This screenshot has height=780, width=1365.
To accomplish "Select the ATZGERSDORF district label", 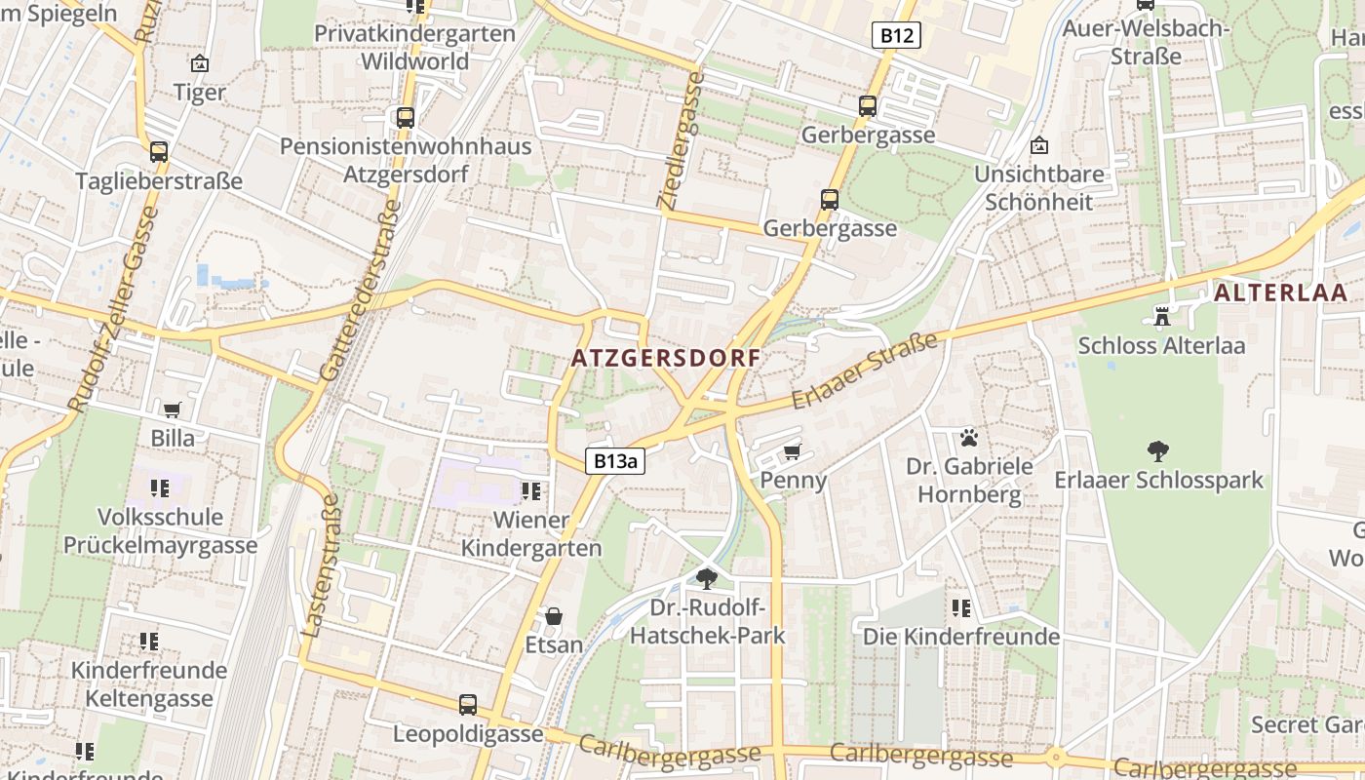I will pyautogui.click(x=666, y=358).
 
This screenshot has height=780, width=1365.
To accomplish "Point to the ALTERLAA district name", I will pyautogui.click(x=1280, y=292).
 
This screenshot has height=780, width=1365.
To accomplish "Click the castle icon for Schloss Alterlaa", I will pyautogui.click(x=1161, y=316).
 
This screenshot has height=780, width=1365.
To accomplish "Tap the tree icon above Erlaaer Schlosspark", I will pyautogui.click(x=1158, y=450).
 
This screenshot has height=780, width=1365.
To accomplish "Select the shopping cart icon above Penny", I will pyautogui.click(x=793, y=451).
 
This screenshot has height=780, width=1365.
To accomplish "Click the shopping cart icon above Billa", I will pyautogui.click(x=173, y=409).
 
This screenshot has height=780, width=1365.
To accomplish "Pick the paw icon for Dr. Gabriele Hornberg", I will pyautogui.click(x=968, y=438).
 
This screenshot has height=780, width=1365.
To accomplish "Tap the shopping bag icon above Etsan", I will pyautogui.click(x=554, y=616).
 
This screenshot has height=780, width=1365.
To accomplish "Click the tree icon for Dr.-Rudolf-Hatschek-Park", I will pyautogui.click(x=707, y=579).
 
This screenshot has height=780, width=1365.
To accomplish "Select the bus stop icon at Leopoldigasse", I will pyautogui.click(x=468, y=704).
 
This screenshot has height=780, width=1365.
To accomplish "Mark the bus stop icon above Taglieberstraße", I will pyautogui.click(x=159, y=151).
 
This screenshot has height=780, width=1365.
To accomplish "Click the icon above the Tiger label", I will pyautogui.click(x=200, y=64).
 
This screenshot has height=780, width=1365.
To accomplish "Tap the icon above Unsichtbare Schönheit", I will pyautogui.click(x=1038, y=146).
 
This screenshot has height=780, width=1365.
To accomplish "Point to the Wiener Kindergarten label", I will pyautogui.click(x=531, y=533).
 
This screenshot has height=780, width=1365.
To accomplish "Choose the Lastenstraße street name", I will pyautogui.click(x=322, y=565).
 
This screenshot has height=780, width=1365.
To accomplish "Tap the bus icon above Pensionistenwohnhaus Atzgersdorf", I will pyautogui.click(x=406, y=118).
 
